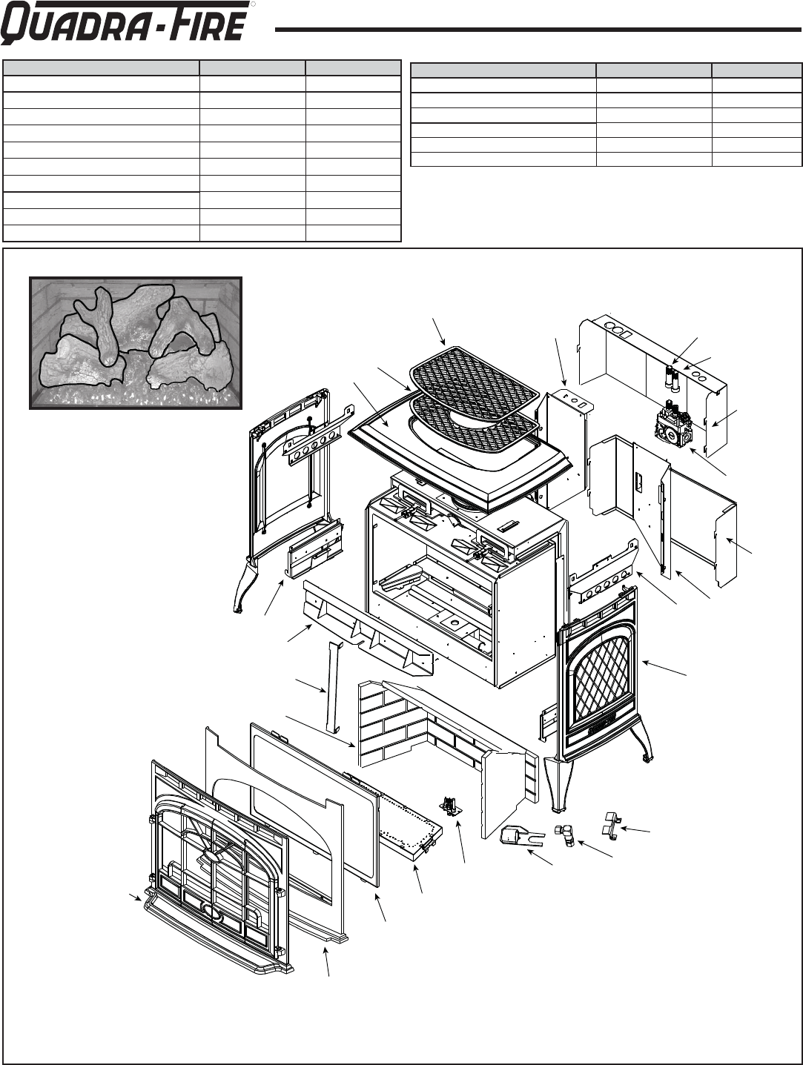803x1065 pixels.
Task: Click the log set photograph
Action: pos(136,342)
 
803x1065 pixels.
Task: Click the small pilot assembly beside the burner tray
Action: pos(449,806)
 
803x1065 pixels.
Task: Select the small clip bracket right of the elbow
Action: pos(608,825)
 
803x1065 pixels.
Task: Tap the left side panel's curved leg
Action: pos(242,586)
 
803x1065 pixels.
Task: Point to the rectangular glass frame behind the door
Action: pos(311,800)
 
